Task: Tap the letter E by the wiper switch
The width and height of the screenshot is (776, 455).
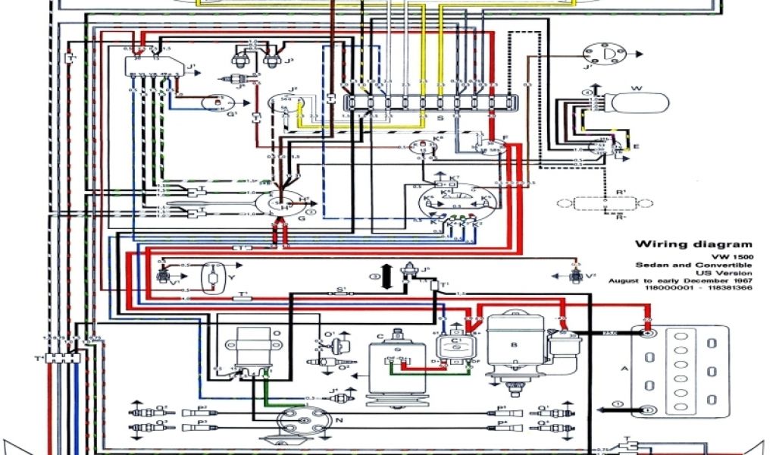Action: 635,146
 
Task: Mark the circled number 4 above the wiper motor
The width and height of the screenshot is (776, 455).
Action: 586,93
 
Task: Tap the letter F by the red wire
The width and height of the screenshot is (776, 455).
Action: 505,137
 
